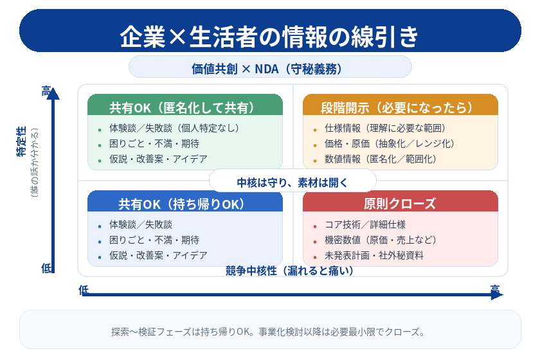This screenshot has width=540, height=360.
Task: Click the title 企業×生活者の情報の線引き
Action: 270,36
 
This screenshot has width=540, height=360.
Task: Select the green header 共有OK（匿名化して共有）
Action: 185,107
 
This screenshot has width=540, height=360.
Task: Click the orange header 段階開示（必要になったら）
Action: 400,107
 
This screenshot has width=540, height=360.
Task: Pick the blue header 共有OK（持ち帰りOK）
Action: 185,204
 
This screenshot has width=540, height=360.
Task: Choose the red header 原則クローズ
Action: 400,204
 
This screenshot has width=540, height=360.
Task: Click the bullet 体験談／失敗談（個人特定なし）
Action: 174,128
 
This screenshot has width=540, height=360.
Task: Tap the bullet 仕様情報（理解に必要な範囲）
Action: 385,128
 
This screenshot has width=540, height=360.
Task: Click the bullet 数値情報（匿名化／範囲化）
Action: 381,159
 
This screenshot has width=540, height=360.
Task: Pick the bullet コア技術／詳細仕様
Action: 365,224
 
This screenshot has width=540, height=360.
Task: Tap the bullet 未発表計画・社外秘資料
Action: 374,255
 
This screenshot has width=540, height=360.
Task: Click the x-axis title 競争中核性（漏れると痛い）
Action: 290,271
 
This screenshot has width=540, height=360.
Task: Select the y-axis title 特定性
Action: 21,142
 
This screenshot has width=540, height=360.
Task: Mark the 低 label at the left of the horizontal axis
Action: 83,290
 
